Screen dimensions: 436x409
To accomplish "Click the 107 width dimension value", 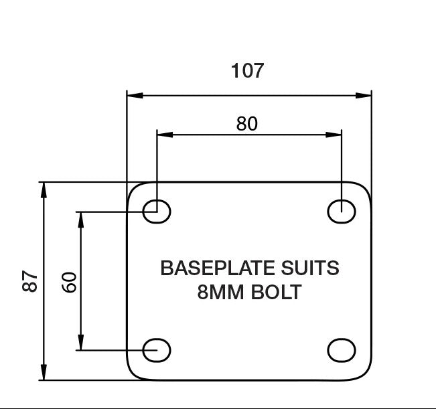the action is pos(247,70).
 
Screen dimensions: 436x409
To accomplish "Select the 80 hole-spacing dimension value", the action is pos(247,124).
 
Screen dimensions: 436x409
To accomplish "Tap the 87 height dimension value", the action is pos(29,281).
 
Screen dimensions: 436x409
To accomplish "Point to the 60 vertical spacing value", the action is pos(68,282).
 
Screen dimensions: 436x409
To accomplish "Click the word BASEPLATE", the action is pos(218,268).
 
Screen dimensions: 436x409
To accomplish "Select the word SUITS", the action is pos(310,268).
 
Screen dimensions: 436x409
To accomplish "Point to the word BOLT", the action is pos(276,292).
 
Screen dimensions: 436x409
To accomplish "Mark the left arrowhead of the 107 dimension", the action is pos(135,96).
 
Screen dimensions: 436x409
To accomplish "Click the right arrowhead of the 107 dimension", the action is pos(364,96).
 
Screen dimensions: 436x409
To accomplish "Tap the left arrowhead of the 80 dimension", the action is pos(165,135).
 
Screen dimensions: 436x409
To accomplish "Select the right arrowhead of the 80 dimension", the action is pos(334,135).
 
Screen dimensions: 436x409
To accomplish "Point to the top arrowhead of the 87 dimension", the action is pos(44,190).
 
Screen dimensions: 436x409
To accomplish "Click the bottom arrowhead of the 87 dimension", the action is pos(44,372).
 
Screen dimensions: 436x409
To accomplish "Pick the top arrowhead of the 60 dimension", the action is pos(80,220).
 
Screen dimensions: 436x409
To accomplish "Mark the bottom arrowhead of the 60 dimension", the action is pos(80,342).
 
